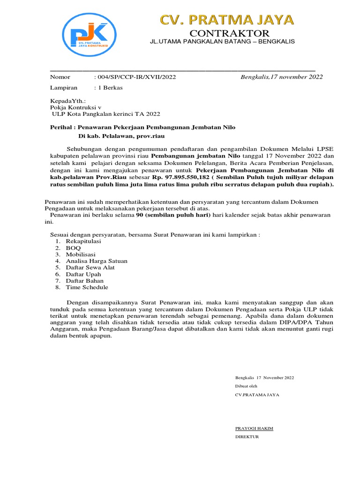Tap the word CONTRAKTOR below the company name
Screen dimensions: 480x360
229,33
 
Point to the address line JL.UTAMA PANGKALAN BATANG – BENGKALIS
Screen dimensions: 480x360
222,42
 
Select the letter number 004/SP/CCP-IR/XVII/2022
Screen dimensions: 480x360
135,77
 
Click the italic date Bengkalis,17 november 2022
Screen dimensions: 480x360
282,77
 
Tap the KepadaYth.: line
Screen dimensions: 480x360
68,101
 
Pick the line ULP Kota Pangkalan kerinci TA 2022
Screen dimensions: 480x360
105,114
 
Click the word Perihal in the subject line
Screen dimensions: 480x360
61,127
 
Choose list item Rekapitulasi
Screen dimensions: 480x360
83,241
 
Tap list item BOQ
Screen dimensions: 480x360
73,247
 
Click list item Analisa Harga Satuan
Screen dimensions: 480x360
96,261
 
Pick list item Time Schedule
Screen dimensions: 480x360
87,287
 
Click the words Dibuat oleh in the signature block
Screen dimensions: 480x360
246,386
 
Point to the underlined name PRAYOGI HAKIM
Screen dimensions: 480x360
254,428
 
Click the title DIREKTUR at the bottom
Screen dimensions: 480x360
247,437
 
